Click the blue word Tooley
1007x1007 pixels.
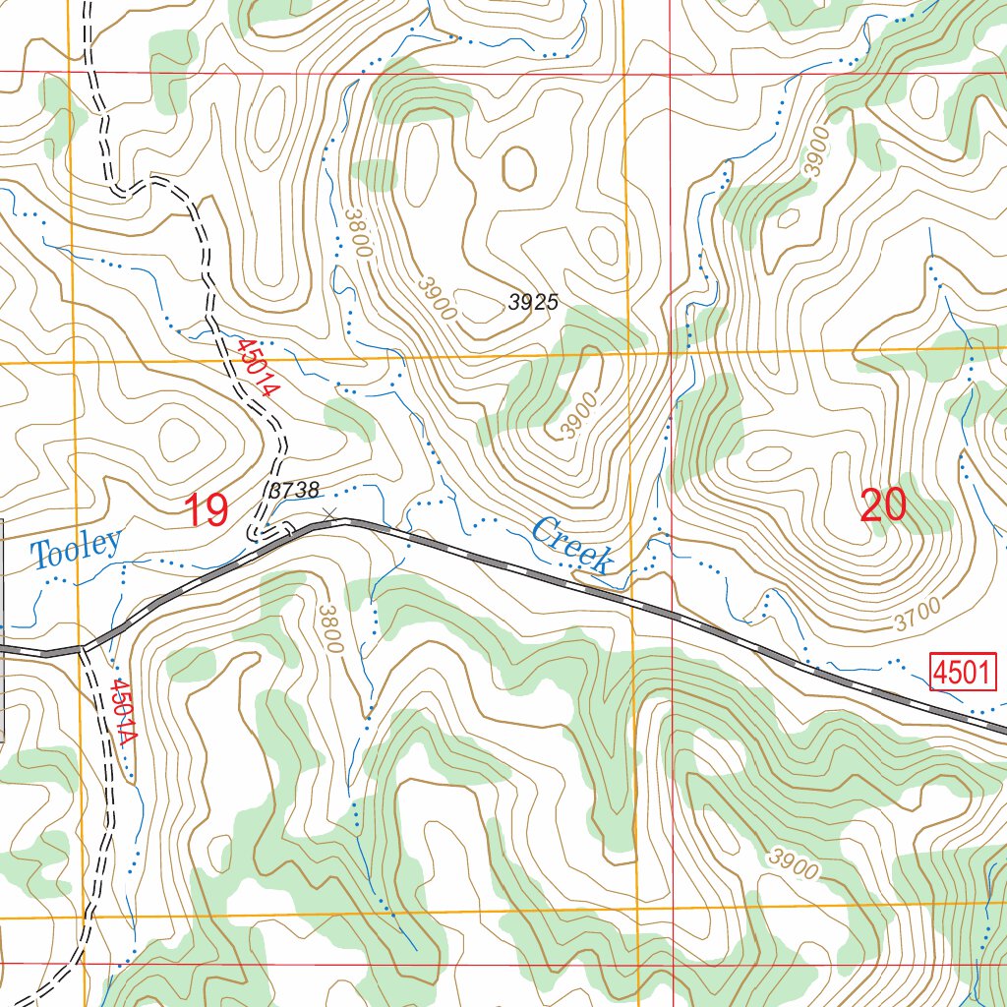click(x=77, y=549)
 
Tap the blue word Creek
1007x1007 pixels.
click(x=572, y=546)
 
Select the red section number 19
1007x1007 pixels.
click(x=207, y=510)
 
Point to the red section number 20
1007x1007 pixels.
click(x=882, y=505)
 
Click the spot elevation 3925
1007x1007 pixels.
click(x=533, y=302)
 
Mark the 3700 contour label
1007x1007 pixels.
click(x=917, y=616)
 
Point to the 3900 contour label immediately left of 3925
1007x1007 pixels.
click(x=437, y=297)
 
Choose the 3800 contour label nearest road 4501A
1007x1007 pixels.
click(x=330, y=629)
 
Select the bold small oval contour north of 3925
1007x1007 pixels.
click(x=518, y=168)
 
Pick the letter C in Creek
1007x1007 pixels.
click(x=543, y=533)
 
